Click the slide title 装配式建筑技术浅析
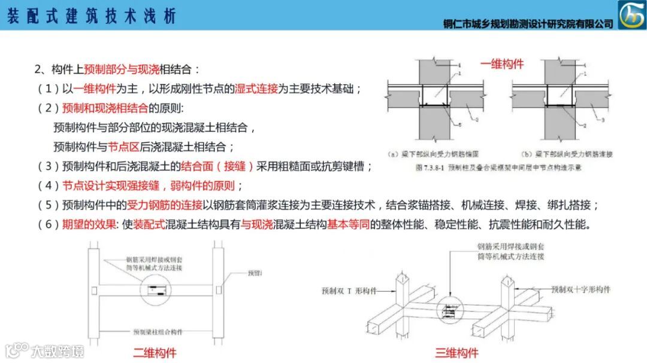(91, 16)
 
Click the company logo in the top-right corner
(631, 15)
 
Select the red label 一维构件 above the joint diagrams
(502, 64)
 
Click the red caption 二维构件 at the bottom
(155, 352)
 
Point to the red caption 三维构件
(456, 352)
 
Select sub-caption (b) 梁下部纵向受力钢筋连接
(566, 154)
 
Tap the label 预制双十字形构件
(581, 289)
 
